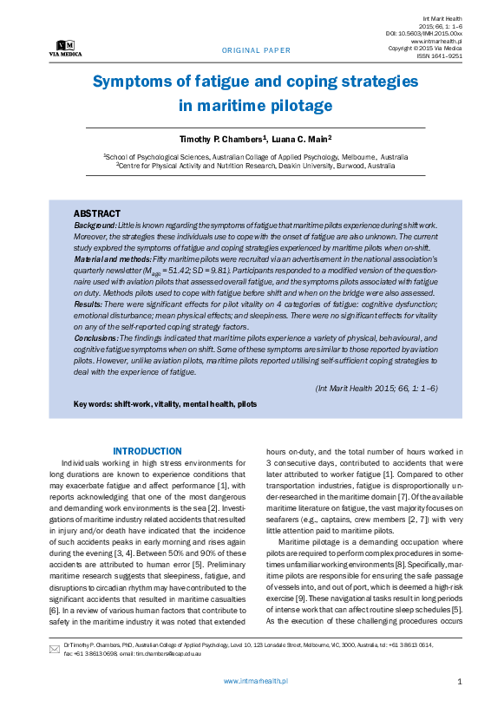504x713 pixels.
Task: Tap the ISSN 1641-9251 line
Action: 440,56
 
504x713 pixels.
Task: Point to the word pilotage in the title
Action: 297,106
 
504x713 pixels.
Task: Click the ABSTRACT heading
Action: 97,213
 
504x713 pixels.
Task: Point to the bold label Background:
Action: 95,225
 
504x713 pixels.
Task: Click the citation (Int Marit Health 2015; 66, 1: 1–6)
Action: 376,388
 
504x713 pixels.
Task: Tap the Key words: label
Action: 93,404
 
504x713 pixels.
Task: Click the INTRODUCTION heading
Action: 147,451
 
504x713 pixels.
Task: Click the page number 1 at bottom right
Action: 459,682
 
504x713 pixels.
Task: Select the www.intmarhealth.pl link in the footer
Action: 256,682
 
